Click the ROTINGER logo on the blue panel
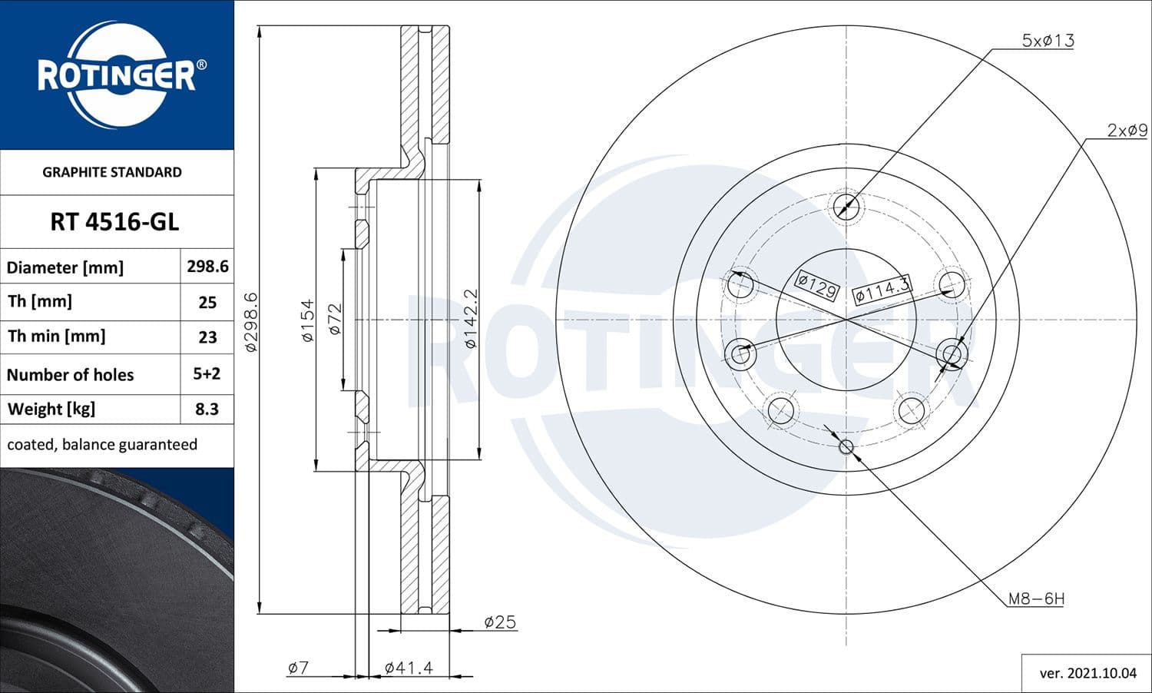tap(117, 75)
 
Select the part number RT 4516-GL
tap(114, 222)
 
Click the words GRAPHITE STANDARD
tap(112, 172)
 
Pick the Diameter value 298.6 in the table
tap(207, 267)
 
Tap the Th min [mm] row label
tap(56, 337)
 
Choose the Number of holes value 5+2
tap(207, 374)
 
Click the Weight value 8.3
tap(207, 409)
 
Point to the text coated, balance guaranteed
tap(102, 445)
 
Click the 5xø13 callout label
tap(1047, 41)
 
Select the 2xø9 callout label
tap(1126, 131)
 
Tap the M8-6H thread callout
tap(1035, 598)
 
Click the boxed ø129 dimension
tap(816, 286)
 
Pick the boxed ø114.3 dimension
tap(882, 290)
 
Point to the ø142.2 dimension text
tap(471, 319)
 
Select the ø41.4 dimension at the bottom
tap(408, 668)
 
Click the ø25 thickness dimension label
tap(500, 622)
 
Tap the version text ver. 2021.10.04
tap(1087, 674)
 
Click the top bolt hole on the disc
tap(846, 206)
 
